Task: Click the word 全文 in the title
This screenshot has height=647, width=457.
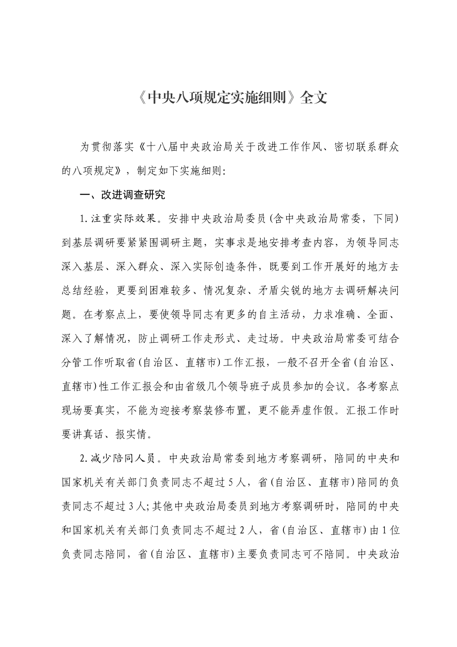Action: pyautogui.click(x=314, y=98)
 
